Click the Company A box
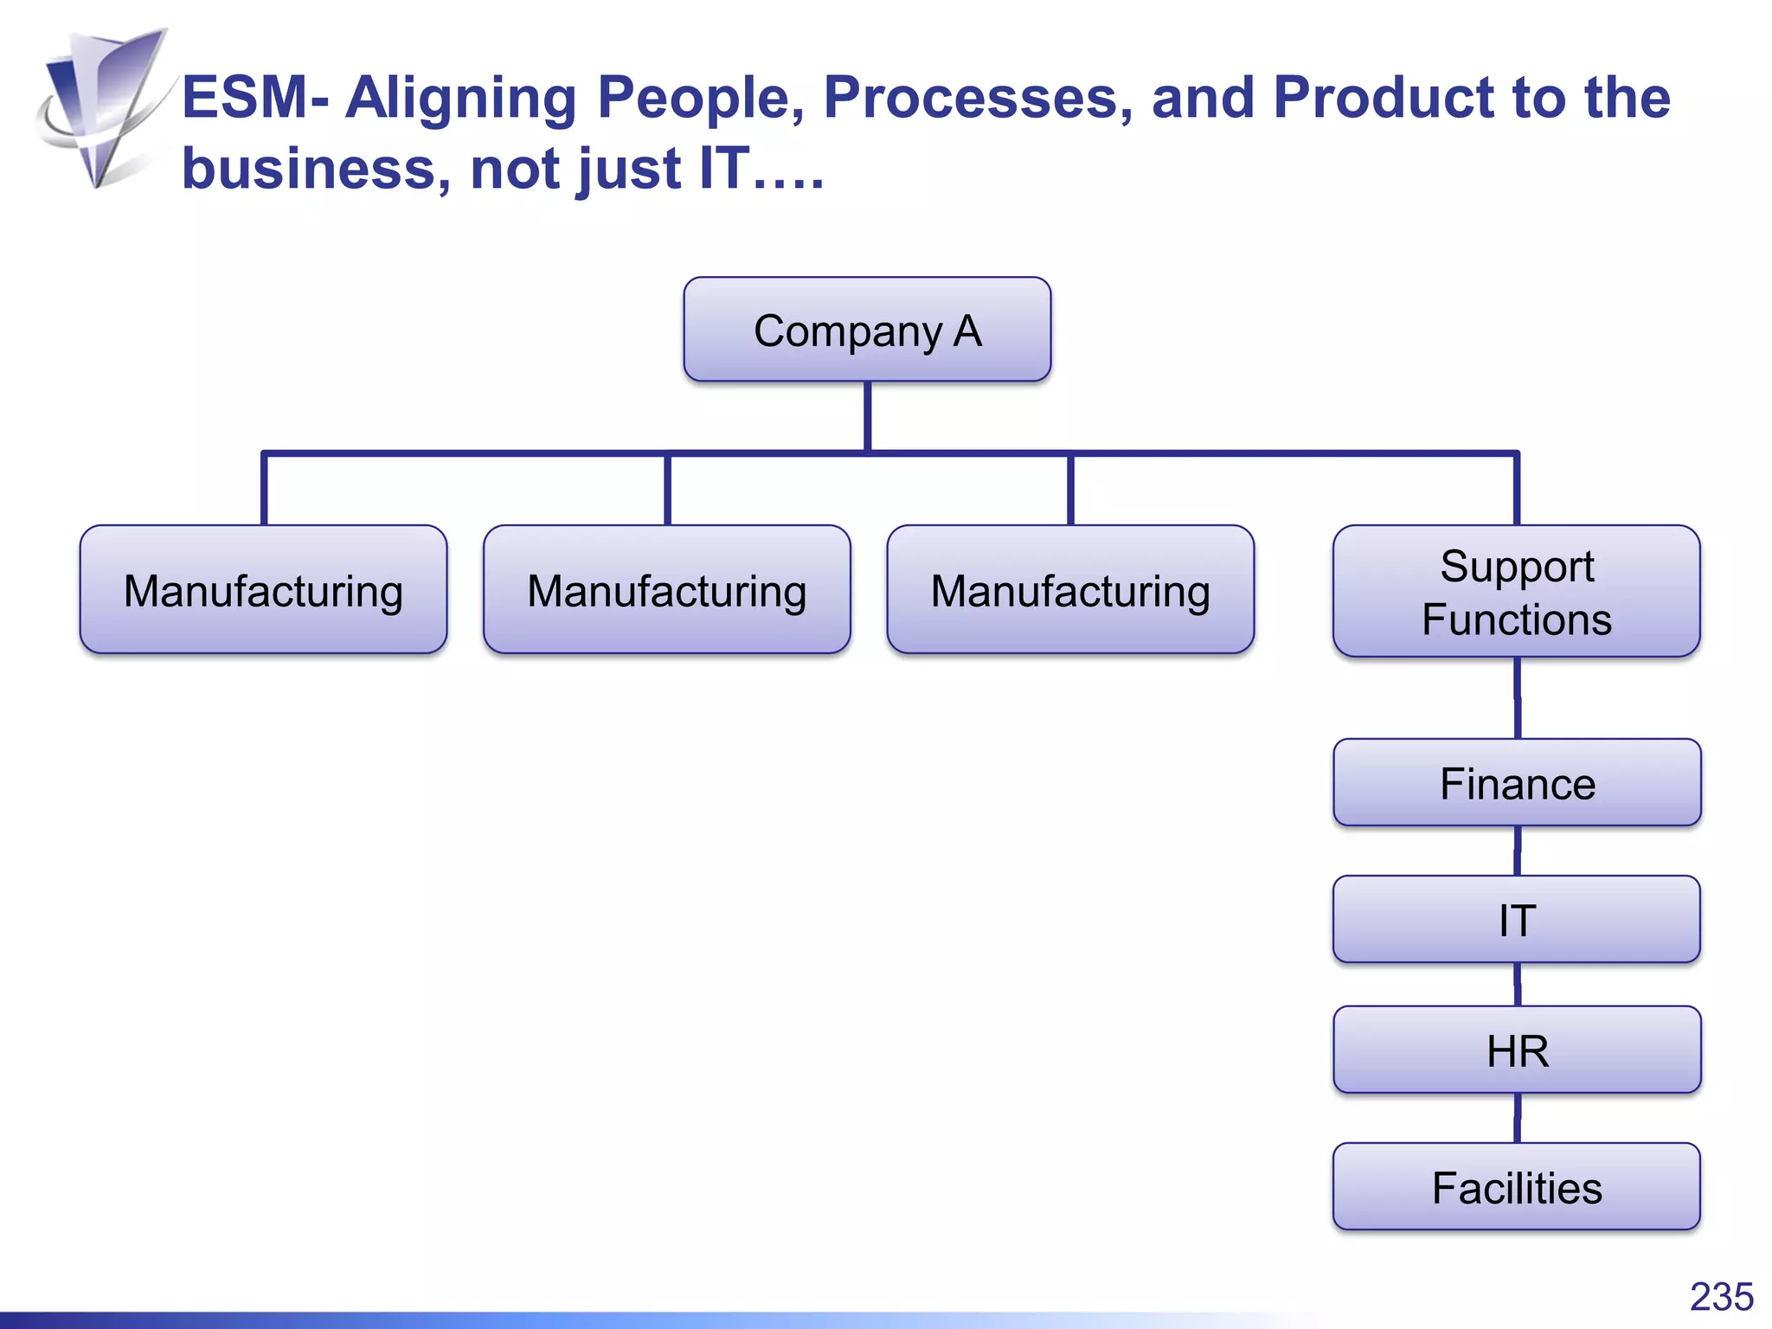coord(867,330)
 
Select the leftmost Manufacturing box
coord(263,590)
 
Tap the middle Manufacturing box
coord(666,590)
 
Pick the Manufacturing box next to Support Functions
coord(1070,590)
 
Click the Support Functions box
coord(1517,592)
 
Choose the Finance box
coord(1517,783)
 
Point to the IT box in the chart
coord(1517,919)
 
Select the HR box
coord(1517,1050)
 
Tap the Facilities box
coord(1517,1186)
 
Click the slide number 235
coord(1721,1297)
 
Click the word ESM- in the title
coord(255,97)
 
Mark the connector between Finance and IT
coord(1517,851)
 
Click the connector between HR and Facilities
coord(1517,1117)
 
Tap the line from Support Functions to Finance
coord(1517,697)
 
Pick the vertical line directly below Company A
coord(867,416)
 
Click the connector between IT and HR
coord(1517,984)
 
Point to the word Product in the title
coord(1383,97)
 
